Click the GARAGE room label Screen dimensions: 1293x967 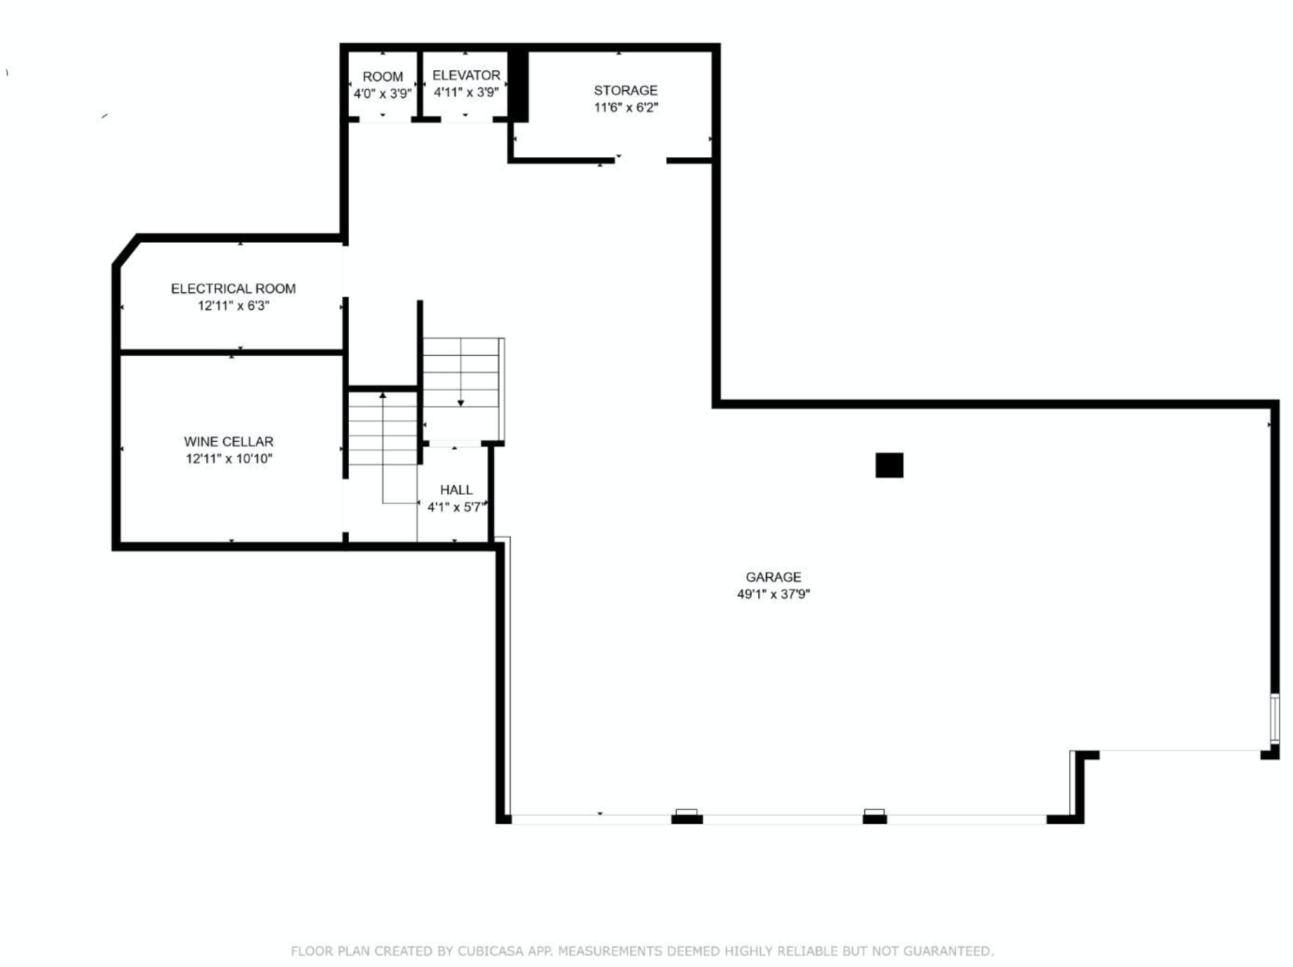[773, 577]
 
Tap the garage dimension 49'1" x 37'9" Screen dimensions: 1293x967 [773, 594]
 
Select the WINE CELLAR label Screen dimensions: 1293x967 [229, 441]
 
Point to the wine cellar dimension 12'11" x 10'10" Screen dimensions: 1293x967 [229, 459]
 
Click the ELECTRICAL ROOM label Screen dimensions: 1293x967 [233, 288]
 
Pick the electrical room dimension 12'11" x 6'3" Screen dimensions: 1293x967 [233, 306]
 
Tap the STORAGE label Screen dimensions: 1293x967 [625, 91]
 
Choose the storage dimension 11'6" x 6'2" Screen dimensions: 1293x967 [625, 107]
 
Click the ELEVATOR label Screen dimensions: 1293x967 [466, 75]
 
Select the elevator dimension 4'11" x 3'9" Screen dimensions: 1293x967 [466, 92]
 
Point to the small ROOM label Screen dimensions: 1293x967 [383, 76]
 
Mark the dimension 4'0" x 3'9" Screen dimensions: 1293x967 [383, 93]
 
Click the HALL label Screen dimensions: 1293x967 [456, 490]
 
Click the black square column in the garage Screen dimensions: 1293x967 [889, 465]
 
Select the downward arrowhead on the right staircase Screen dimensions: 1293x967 [460, 403]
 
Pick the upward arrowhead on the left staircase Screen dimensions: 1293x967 [383, 396]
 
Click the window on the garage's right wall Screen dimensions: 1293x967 [1275, 718]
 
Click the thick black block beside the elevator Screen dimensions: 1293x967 [518, 86]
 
